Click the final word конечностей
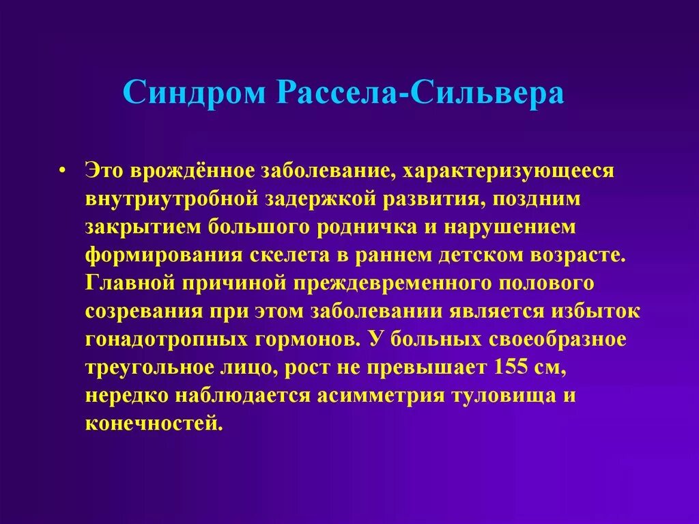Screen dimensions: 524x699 point(154,423)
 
